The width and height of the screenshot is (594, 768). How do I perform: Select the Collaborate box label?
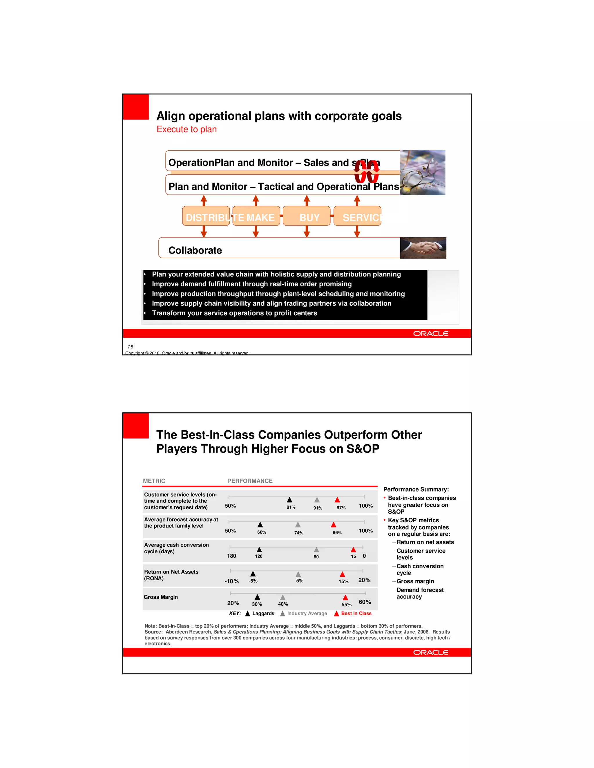pos(195,250)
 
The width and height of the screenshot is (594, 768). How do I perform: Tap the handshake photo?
pos(423,248)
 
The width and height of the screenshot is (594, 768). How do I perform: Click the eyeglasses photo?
pos(422,173)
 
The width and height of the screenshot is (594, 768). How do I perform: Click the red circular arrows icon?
pos(366,172)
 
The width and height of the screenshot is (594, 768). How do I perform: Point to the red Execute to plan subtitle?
pos(186,130)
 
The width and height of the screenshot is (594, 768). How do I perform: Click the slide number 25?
pos(131,347)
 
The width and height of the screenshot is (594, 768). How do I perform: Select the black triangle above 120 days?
pos(259,549)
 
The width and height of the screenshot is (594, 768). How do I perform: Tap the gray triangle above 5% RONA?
pos(298,574)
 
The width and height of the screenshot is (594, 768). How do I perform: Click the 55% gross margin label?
pos(346,605)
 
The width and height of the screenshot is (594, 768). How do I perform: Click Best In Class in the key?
pos(356,613)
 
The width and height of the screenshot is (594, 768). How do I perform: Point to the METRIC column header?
pos(154,481)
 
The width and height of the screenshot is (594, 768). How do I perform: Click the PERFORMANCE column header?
pos(250,481)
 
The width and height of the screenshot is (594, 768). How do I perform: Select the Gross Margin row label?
pos(161,597)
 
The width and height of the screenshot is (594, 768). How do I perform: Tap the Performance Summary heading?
pos(416,489)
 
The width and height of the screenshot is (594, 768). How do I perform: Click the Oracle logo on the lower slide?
pos(431,652)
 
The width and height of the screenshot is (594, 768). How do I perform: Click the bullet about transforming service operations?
pos(234,313)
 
